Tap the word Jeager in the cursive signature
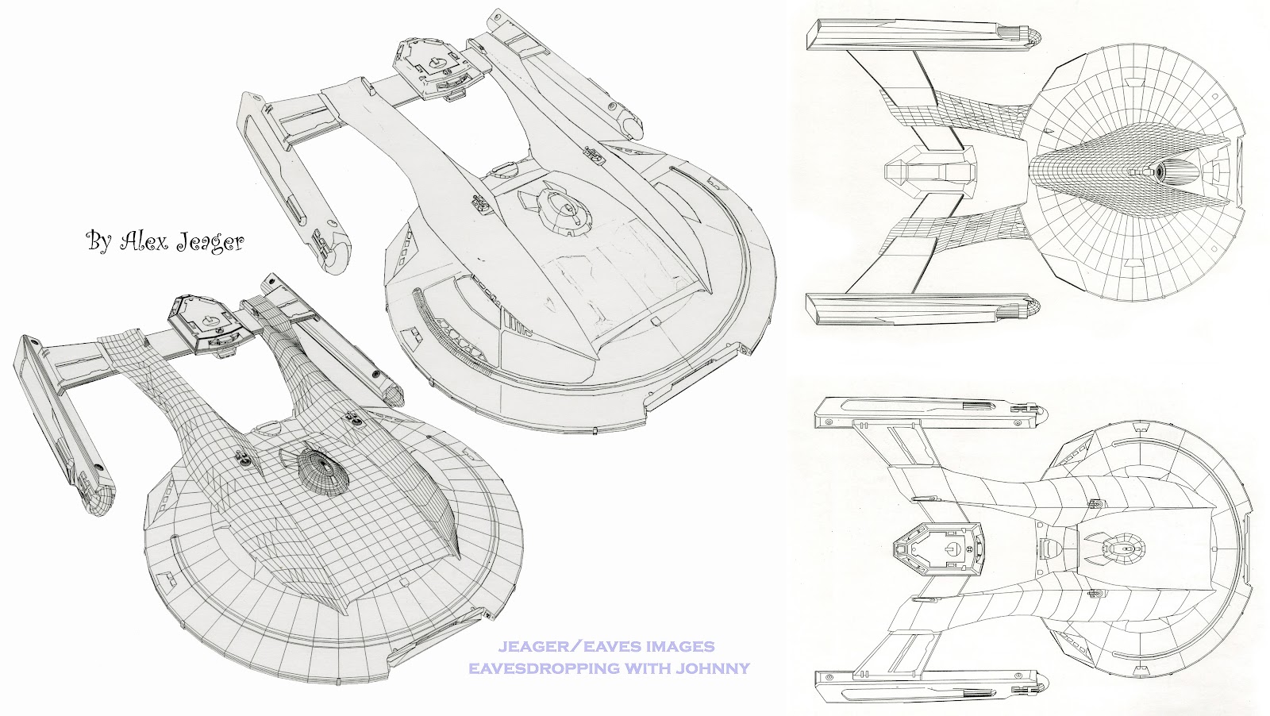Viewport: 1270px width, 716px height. tap(210, 242)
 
